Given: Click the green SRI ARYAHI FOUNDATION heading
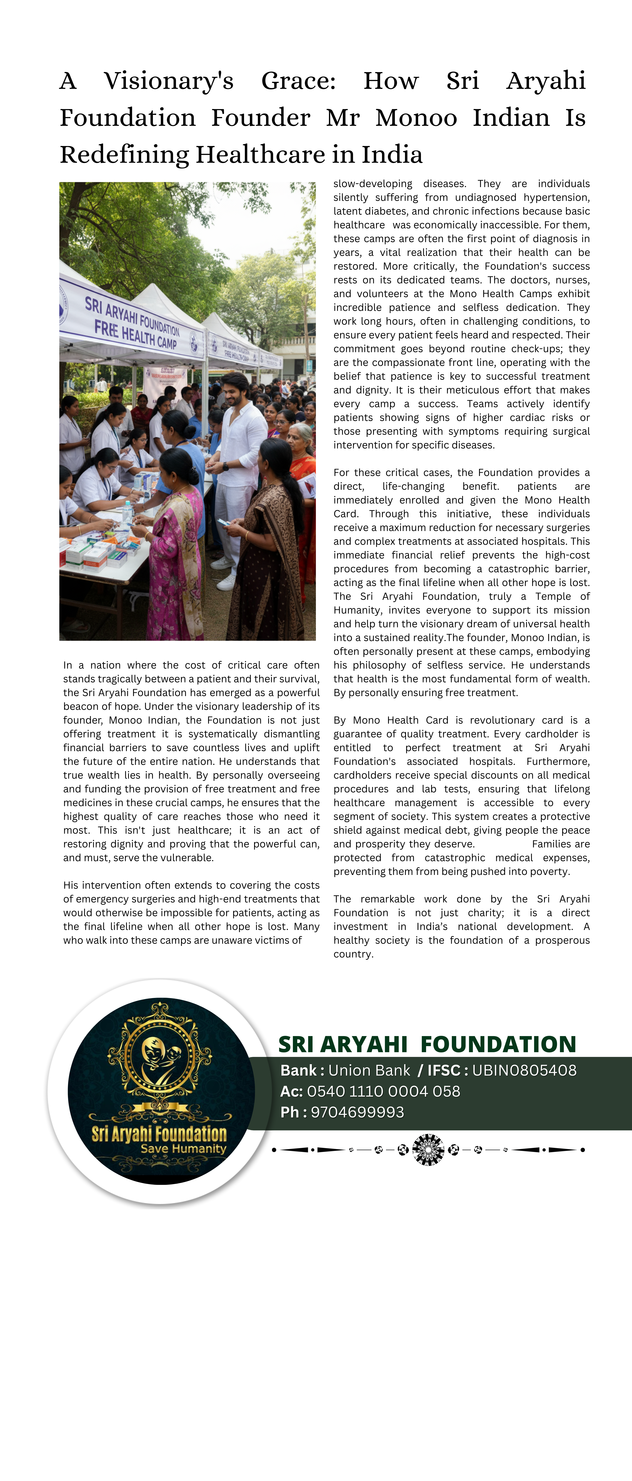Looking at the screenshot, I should pos(427,1044).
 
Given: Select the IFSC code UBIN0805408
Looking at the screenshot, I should pos(524,1070).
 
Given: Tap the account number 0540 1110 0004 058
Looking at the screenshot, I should pos(384,1091).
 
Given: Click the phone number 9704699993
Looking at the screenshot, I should pos(357,1113).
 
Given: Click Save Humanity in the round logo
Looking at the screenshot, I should pos(183,1149).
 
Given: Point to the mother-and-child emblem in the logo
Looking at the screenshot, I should pos(160,1055).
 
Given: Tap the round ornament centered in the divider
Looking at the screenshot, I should pos(428,1150).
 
